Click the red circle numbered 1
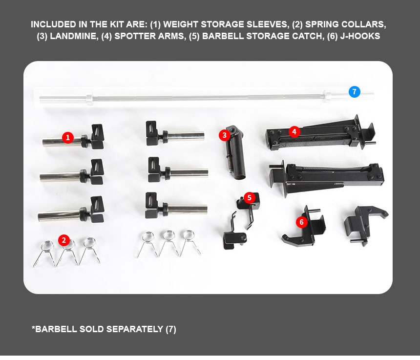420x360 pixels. click(x=68, y=138)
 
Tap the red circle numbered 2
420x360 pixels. click(x=64, y=240)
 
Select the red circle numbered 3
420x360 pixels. click(x=225, y=135)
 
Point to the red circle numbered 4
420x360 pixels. click(x=294, y=132)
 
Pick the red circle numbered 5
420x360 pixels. click(x=250, y=198)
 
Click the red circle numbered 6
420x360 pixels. click(x=302, y=222)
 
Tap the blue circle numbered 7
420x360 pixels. click(x=355, y=92)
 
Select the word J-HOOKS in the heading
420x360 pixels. click(x=360, y=36)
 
